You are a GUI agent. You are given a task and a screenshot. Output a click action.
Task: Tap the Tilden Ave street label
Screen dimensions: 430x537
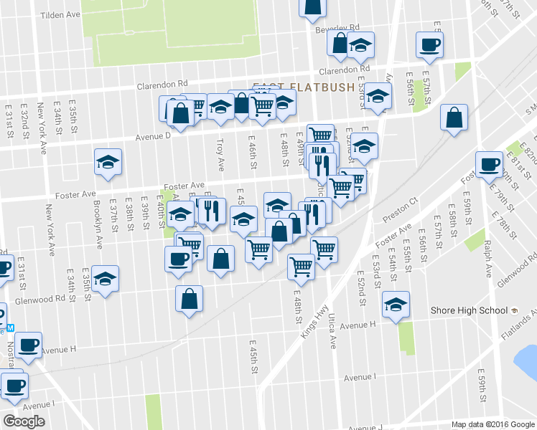(61, 14)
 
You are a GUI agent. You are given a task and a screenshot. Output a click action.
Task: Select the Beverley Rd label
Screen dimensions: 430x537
(335, 30)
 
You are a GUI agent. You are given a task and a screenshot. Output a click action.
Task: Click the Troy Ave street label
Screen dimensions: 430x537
(221, 154)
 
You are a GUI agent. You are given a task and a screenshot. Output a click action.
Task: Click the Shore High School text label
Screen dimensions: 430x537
(470, 310)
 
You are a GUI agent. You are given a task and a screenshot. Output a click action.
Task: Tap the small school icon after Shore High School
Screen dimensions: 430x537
(514, 310)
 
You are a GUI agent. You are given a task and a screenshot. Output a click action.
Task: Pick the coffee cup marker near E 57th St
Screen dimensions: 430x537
(429, 44)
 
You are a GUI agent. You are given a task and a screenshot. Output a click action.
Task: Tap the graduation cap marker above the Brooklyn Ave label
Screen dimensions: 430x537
(108, 161)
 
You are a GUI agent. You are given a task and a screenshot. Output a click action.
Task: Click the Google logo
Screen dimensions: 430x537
(24, 421)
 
